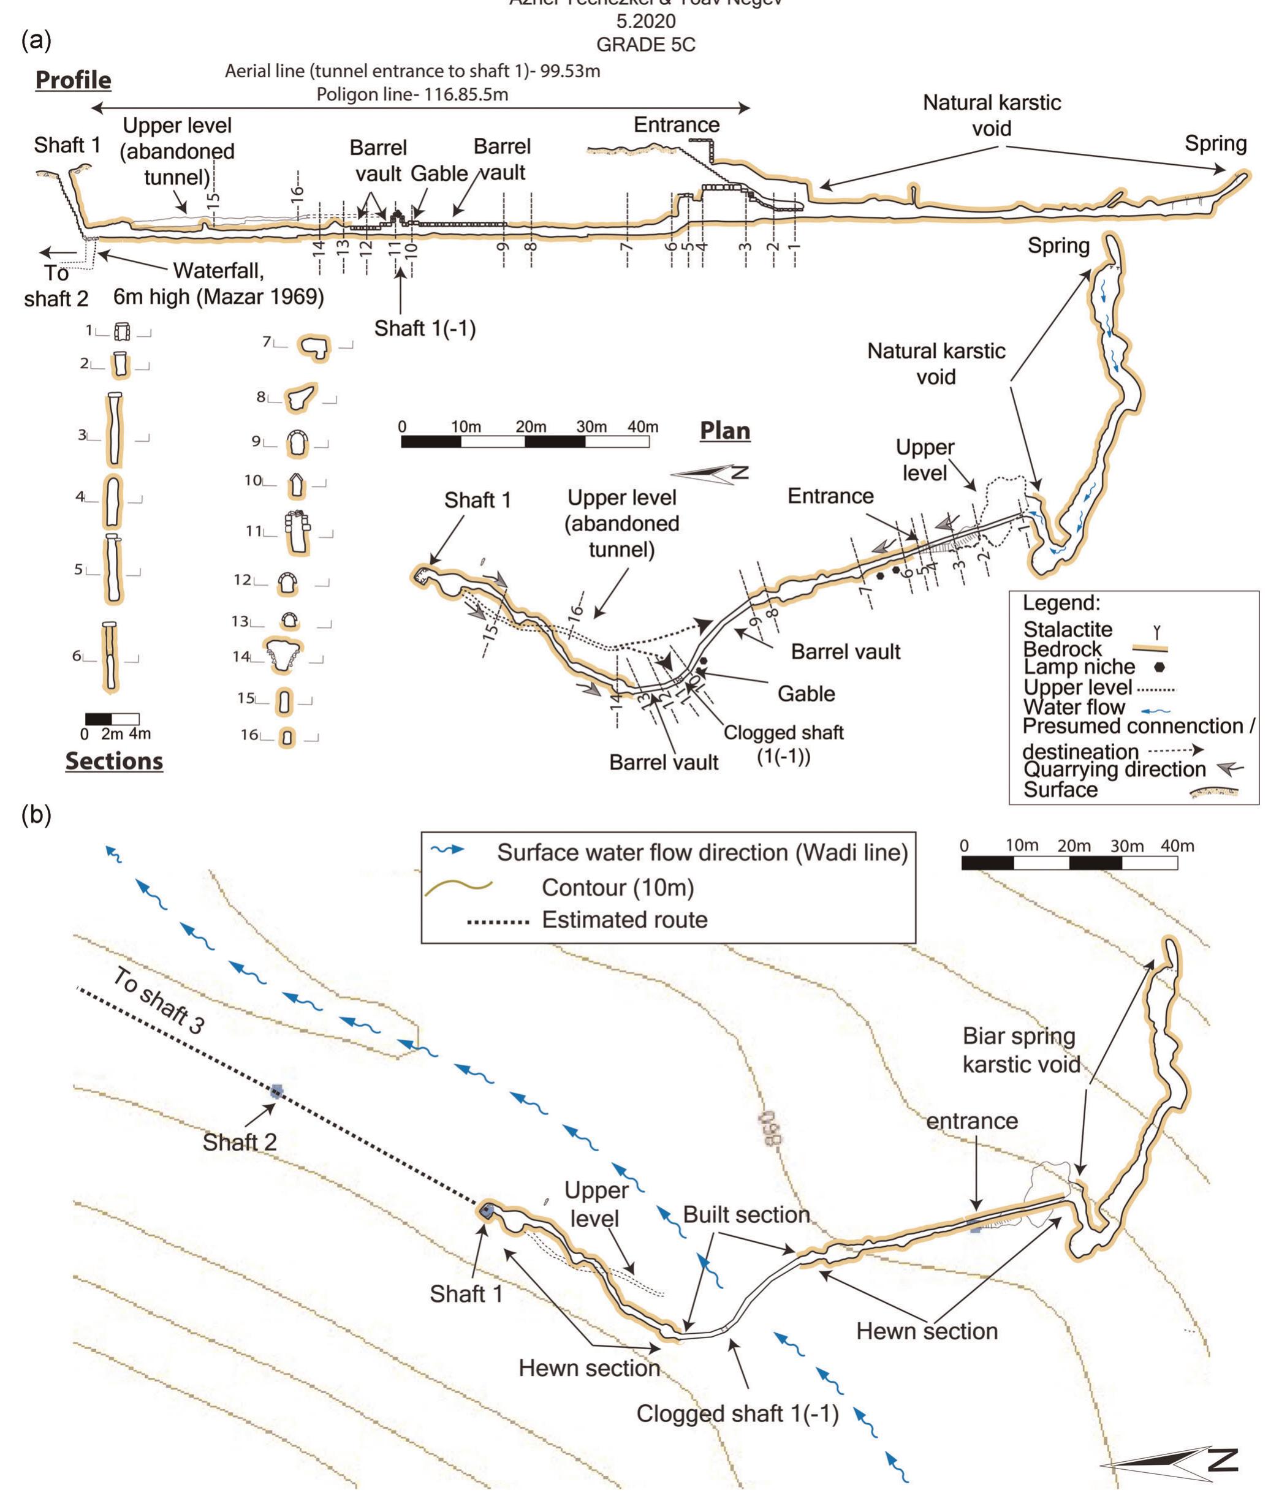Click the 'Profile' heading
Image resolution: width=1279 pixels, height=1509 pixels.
(x=73, y=80)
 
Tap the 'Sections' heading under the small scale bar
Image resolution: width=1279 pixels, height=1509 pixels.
(x=114, y=760)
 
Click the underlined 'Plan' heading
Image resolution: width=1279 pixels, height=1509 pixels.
(x=724, y=431)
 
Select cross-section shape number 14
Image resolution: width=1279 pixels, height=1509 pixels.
(x=283, y=654)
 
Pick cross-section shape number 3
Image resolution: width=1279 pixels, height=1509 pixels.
(x=114, y=431)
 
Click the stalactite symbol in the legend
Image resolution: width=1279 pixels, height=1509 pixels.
(x=1157, y=633)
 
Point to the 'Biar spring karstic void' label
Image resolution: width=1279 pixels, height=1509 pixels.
(x=1020, y=1050)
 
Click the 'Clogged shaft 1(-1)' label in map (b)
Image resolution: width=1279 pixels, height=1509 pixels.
(x=737, y=1413)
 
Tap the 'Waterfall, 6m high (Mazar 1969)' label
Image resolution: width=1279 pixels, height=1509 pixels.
(x=218, y=284)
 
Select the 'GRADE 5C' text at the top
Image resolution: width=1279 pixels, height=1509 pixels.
(x=645, y=45)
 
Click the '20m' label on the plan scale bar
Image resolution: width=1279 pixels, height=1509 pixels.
(x=530, y=427)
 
